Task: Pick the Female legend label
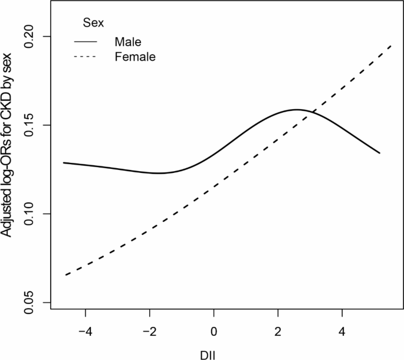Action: click(x=135, y=57)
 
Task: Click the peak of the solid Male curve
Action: click(x=297, y=110)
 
